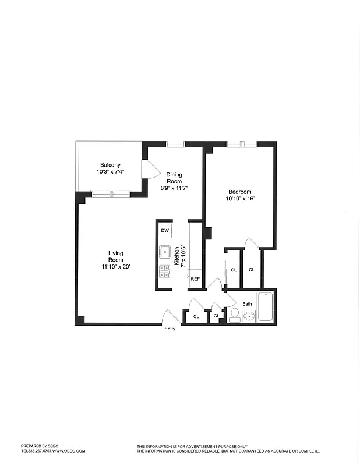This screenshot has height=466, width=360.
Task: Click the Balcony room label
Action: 110,165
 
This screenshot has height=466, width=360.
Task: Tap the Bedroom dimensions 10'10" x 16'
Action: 239,199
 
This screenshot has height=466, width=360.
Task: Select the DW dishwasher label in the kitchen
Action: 164,231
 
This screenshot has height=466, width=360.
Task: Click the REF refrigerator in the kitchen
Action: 195,279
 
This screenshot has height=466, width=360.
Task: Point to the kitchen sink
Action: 165,252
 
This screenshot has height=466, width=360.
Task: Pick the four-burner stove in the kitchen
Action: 165,271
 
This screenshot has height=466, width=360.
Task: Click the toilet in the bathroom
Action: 234,315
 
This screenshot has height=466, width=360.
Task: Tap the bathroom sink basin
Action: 249,316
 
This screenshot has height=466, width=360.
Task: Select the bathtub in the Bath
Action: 265,306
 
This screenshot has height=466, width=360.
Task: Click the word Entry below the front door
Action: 170,329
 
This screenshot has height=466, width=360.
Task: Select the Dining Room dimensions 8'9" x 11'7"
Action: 174,188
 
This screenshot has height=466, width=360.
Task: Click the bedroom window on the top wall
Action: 241,143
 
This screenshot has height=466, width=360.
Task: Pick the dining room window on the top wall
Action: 175,143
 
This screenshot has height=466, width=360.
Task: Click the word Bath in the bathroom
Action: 248,304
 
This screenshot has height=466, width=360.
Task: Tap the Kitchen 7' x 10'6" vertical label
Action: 180,255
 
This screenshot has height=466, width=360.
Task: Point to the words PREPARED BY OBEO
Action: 39,446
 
